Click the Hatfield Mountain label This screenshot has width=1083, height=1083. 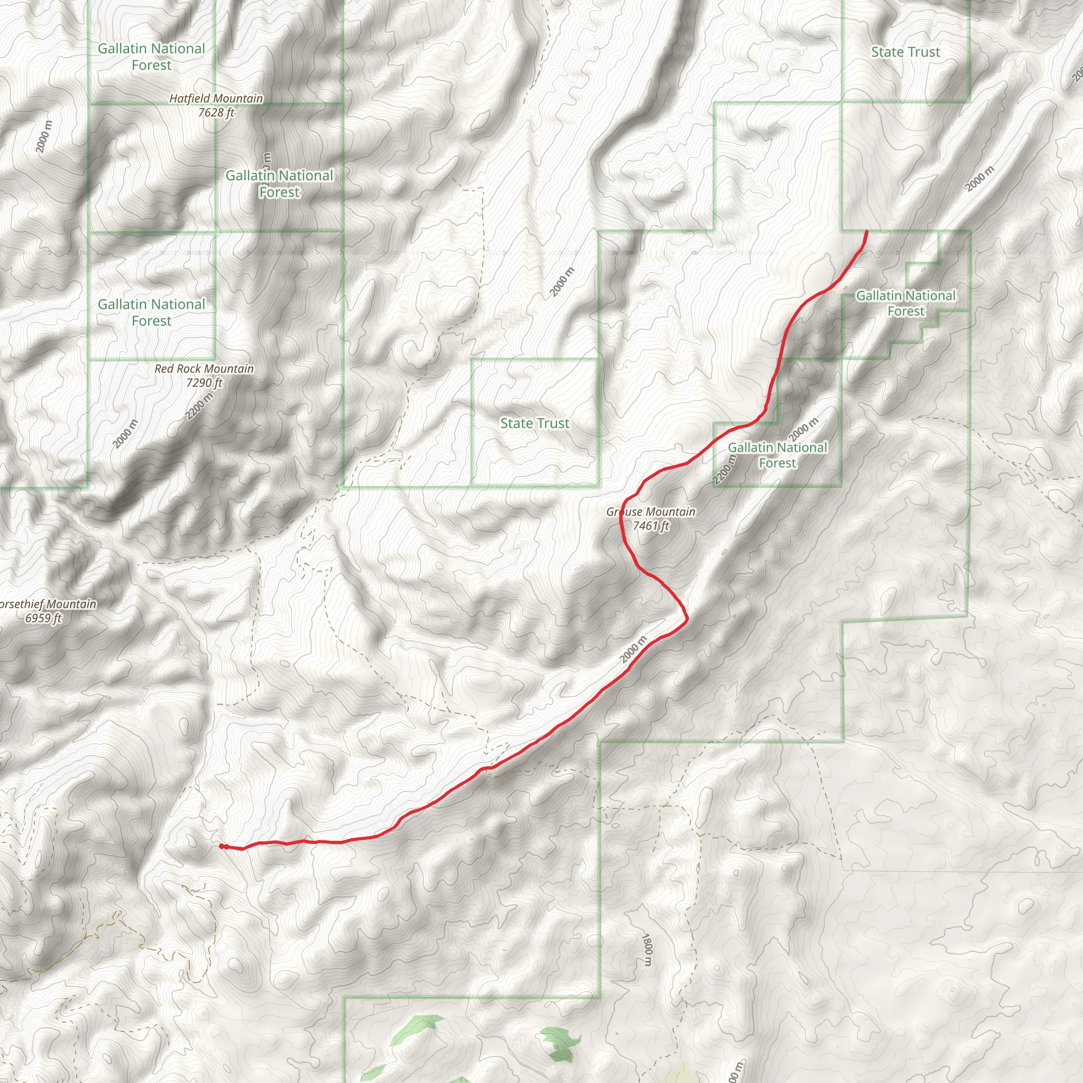216,99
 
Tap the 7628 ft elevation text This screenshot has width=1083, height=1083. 216,113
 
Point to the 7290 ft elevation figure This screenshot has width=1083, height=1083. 204,383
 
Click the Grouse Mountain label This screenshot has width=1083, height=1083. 651,512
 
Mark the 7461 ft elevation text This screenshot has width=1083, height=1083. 651,526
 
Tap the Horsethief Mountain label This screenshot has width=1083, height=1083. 48,604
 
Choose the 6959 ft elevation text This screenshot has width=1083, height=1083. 43,618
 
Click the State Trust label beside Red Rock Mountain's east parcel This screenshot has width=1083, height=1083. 535,423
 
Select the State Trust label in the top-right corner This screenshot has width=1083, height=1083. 905,52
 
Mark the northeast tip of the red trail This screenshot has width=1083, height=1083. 867,232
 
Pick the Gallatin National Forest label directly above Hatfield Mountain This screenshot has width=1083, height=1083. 151,57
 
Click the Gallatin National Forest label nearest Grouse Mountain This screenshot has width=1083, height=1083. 777,455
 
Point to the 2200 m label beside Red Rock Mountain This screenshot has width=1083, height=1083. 199,406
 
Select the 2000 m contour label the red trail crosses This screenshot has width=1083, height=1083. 634,650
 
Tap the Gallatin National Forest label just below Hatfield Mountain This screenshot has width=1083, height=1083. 279,184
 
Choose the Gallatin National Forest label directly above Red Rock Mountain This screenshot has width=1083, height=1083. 151,312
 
